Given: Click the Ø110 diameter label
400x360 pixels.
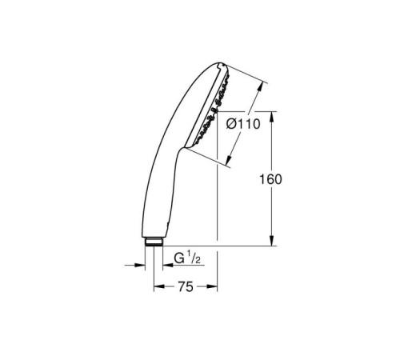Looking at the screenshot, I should pos(242,125).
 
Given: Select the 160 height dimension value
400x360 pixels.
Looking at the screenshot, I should pos(272,179).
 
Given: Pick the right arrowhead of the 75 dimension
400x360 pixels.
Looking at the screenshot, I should pos(213,286).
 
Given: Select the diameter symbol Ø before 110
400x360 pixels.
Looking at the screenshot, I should pos(230,125).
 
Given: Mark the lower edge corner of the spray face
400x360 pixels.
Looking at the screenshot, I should pos(189,146).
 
